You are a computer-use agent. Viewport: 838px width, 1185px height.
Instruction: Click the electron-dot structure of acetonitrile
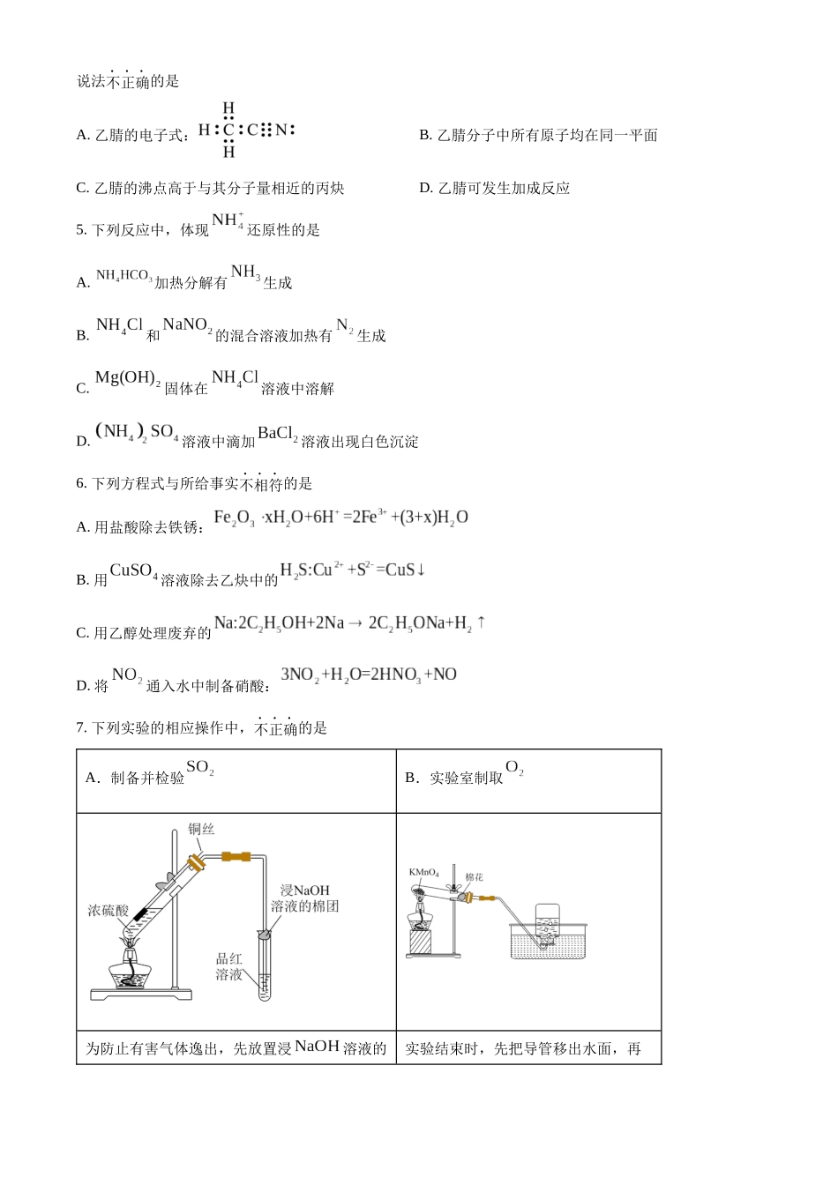[246, 130]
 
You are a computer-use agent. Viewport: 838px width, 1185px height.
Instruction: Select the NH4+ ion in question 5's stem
[228, 220]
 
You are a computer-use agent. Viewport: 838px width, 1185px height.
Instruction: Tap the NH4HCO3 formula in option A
[123, 276]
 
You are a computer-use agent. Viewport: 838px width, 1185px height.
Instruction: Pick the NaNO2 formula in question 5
[187, 326]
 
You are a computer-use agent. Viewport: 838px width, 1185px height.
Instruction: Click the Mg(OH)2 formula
[127, 378]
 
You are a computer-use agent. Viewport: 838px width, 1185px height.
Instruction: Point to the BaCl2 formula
[277, 434]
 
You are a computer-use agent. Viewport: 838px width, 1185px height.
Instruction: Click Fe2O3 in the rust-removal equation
[234, 518]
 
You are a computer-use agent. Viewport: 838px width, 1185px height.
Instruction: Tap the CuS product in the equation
[400, 570]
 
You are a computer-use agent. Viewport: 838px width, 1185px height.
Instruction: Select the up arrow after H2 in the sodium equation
[482, 622]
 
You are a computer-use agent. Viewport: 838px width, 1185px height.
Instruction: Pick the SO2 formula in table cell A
[199, 768]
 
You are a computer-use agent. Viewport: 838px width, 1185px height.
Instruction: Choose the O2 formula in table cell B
[514, 768]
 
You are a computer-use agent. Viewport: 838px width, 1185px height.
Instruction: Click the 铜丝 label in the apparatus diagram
[201, 830]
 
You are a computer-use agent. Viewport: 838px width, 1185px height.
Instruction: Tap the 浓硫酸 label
[108, 911]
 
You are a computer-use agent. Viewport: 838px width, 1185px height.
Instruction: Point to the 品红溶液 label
[228, 967]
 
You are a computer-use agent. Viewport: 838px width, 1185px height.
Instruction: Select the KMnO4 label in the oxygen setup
[423, 873]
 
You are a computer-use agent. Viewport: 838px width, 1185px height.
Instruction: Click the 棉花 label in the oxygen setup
[474, 877]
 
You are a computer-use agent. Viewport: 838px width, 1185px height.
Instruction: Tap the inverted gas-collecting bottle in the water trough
[548, 923]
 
